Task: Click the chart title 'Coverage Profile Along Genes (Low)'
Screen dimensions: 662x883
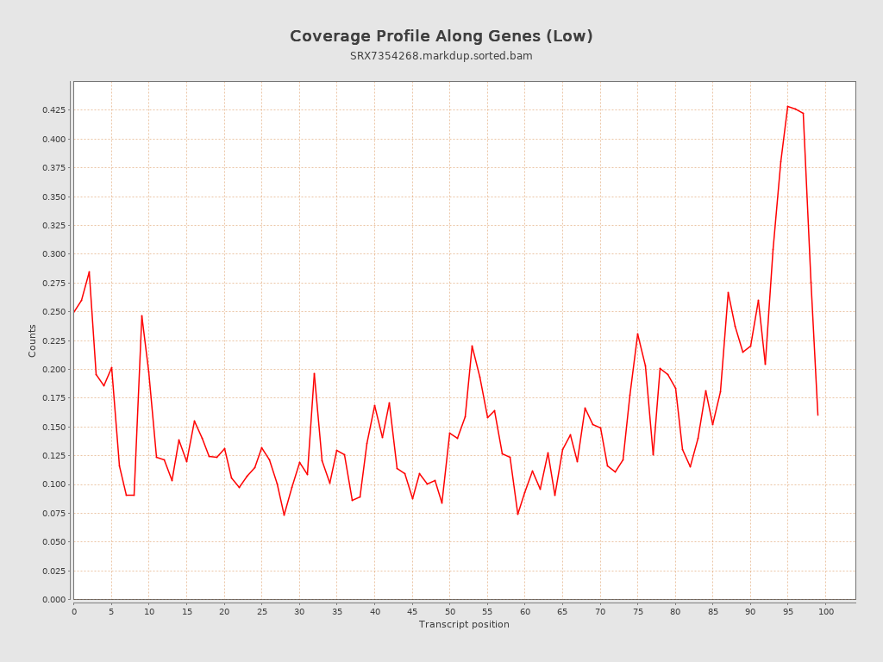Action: click(441, 36)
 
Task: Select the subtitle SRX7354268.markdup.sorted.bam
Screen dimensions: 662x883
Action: click(441, 56)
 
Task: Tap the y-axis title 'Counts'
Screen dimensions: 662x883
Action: click(33, 340)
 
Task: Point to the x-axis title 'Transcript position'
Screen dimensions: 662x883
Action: click(464, 624)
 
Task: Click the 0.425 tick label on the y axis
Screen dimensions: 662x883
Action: click(53, 110)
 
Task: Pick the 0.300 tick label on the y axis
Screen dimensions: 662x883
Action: click(53, 254)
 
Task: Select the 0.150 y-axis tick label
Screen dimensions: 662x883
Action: click(53, 427)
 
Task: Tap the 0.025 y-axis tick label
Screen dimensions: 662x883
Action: click(53, 571)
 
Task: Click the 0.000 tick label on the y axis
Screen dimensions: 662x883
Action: click(53, 599)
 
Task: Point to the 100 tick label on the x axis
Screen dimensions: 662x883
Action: click(826, 611)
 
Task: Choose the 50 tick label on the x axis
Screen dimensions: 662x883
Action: click(450, 611)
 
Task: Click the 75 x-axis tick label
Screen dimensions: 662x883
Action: click(638, 611)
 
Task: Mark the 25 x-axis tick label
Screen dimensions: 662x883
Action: click(262, 611)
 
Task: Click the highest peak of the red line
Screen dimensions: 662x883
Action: click(787, 106)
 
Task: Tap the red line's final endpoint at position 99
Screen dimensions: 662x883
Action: click(817, 415)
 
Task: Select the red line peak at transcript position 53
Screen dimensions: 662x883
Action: click(472, 346)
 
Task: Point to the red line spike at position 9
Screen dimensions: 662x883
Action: click(141, 315)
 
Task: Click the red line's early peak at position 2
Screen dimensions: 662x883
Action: click(89, 272)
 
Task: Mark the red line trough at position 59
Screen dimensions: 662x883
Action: click(517, 515)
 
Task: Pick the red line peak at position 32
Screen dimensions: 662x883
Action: click(314, 373)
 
